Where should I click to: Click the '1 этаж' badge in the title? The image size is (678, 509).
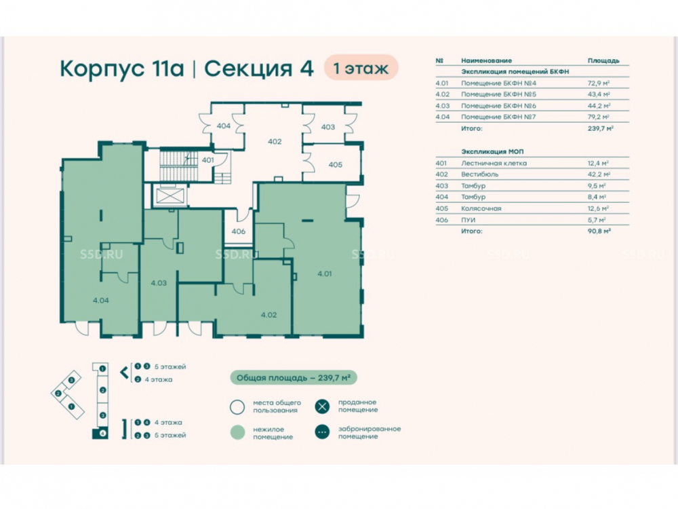click(x=361, y=67)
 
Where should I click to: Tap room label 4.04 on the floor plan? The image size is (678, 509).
click(x=101, y=301)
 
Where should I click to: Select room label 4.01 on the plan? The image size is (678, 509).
click(x=324, y=274)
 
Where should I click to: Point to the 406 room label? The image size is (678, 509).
click(x=238, y=231)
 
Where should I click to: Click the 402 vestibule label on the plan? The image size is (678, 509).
click(x=275, y=142)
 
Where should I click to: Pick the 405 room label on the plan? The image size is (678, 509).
click(x=335, y=165)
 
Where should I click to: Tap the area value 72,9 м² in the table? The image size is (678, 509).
click(x=599, y=83)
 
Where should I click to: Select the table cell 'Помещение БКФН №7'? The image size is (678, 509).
click(x=498, y=117)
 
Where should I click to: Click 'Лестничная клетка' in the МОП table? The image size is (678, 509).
click(x=494, y=163)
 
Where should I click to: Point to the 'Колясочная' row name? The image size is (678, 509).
click(x=481, y=208)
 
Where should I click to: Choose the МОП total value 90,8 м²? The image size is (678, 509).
click(x=599, y=231)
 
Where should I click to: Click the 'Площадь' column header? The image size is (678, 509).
click(x=603, y=60)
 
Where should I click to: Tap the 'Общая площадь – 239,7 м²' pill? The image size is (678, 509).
click(x=293, y=378)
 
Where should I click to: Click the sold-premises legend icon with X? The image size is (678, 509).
click(x=322, y=407)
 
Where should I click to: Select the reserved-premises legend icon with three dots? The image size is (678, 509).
click(x=322, y=432)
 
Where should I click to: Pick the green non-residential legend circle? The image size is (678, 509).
click(x=237, y=432)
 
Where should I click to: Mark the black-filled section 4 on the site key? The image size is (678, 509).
click(x=100, y=433)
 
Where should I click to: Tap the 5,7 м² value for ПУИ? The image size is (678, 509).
click(x=597, y=220)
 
